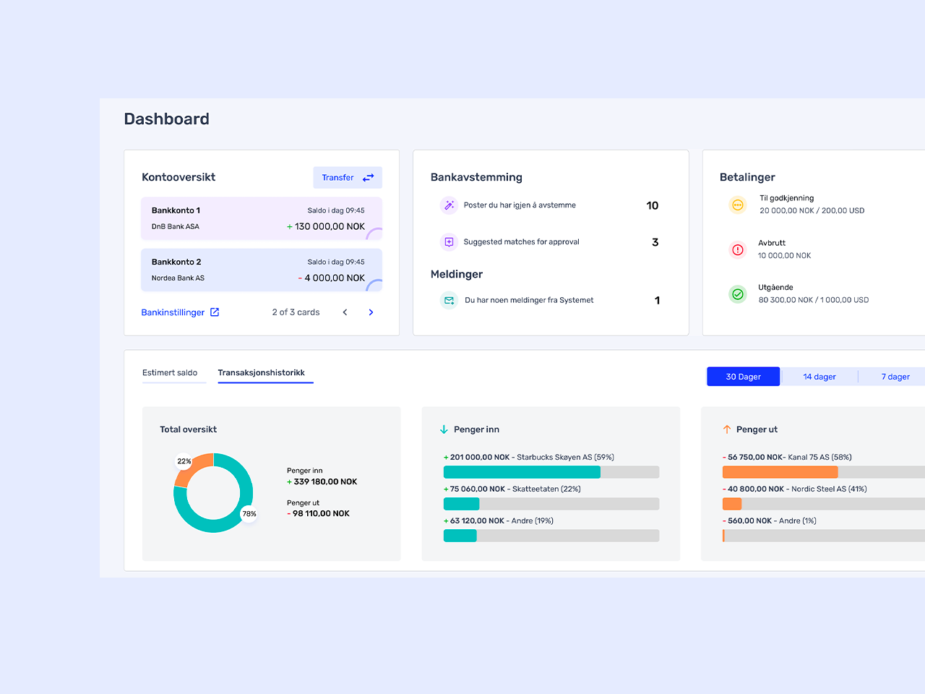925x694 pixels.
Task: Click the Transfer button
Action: pyautogui.click(x=348, y=178)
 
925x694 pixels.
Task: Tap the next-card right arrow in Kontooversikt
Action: pyautogui.click(x=371, y=312)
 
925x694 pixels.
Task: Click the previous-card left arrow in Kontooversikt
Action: pyautogui.click(x=345, y=312)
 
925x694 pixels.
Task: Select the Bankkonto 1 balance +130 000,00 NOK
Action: pyautogui.click(x=326, y=226)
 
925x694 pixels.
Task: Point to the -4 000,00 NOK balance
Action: pyautogui.click(x=332, y=278)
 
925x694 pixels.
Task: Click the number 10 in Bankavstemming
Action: pyautogui.click(x=652, y=206)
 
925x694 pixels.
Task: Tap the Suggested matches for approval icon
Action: pyautogui.click(x=449, y=242)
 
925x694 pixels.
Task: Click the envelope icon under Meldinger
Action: pyautogui.click(x=449, y=300)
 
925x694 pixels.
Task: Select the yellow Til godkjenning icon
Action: pyautogui.click(x=737, y=205)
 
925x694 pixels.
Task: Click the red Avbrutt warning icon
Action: pyautogui.click(x=737, y=250)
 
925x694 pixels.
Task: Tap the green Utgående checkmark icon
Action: pyautogui.click(x=737, y=294)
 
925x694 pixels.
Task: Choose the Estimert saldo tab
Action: pyautogui.click(x=170, y=373)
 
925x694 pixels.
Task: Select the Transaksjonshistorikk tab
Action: pyautogui.click(x=261, y=373)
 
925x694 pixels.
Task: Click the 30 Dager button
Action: pyautogui.click(x=743, y=377)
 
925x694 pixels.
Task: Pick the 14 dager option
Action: pyautogui.click(x=819, y=377)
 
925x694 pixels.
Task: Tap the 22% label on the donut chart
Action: pyautogui.click(x=184, y=461)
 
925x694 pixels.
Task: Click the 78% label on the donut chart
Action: pyautogui.click(x=249, y=514)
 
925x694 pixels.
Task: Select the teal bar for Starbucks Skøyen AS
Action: pyautogui.click(x=522, y=472)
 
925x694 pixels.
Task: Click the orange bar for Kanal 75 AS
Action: pyautogui.click(x=780, y=472)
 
